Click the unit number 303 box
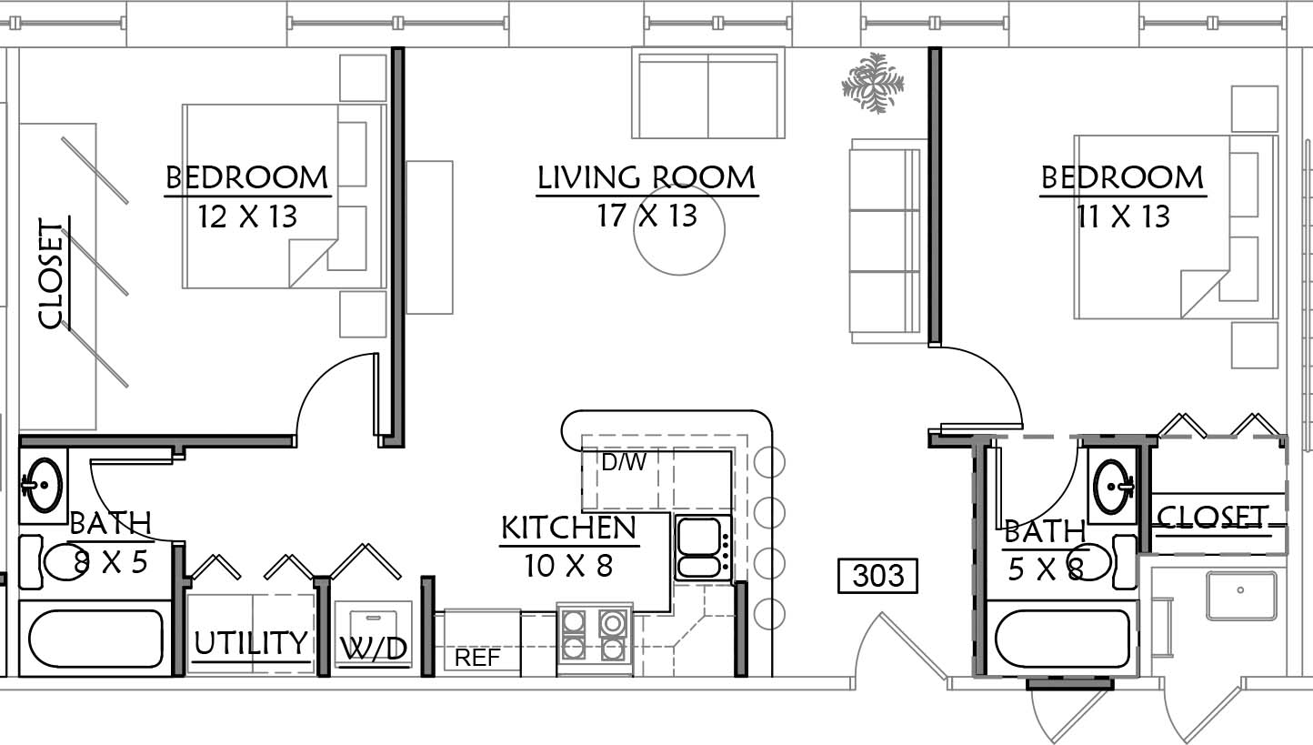click(x=877, y=576)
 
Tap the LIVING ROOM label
click(x=646, y=177)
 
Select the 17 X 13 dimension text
click(x=647, y=216)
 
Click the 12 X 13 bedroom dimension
click(x=247, y=216)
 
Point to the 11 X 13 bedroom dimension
click(x=1123, y=216)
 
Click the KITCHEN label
click(x=568, y=528)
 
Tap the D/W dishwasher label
click(x=624, y=463)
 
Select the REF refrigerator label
click(x=477, y=658)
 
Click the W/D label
click(x=374, y=649)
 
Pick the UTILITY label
click(x=251, y=643)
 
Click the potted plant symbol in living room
click(x=873, y=83)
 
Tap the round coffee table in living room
click(x=679, y=229)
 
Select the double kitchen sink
click(x=702, y=548)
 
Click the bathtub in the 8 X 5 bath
click(x=95, y=639)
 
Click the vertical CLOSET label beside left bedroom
click(x=51, y=273)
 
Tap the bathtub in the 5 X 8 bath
click(x=1063, y=639)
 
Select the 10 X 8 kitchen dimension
click(x=568, y=566)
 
